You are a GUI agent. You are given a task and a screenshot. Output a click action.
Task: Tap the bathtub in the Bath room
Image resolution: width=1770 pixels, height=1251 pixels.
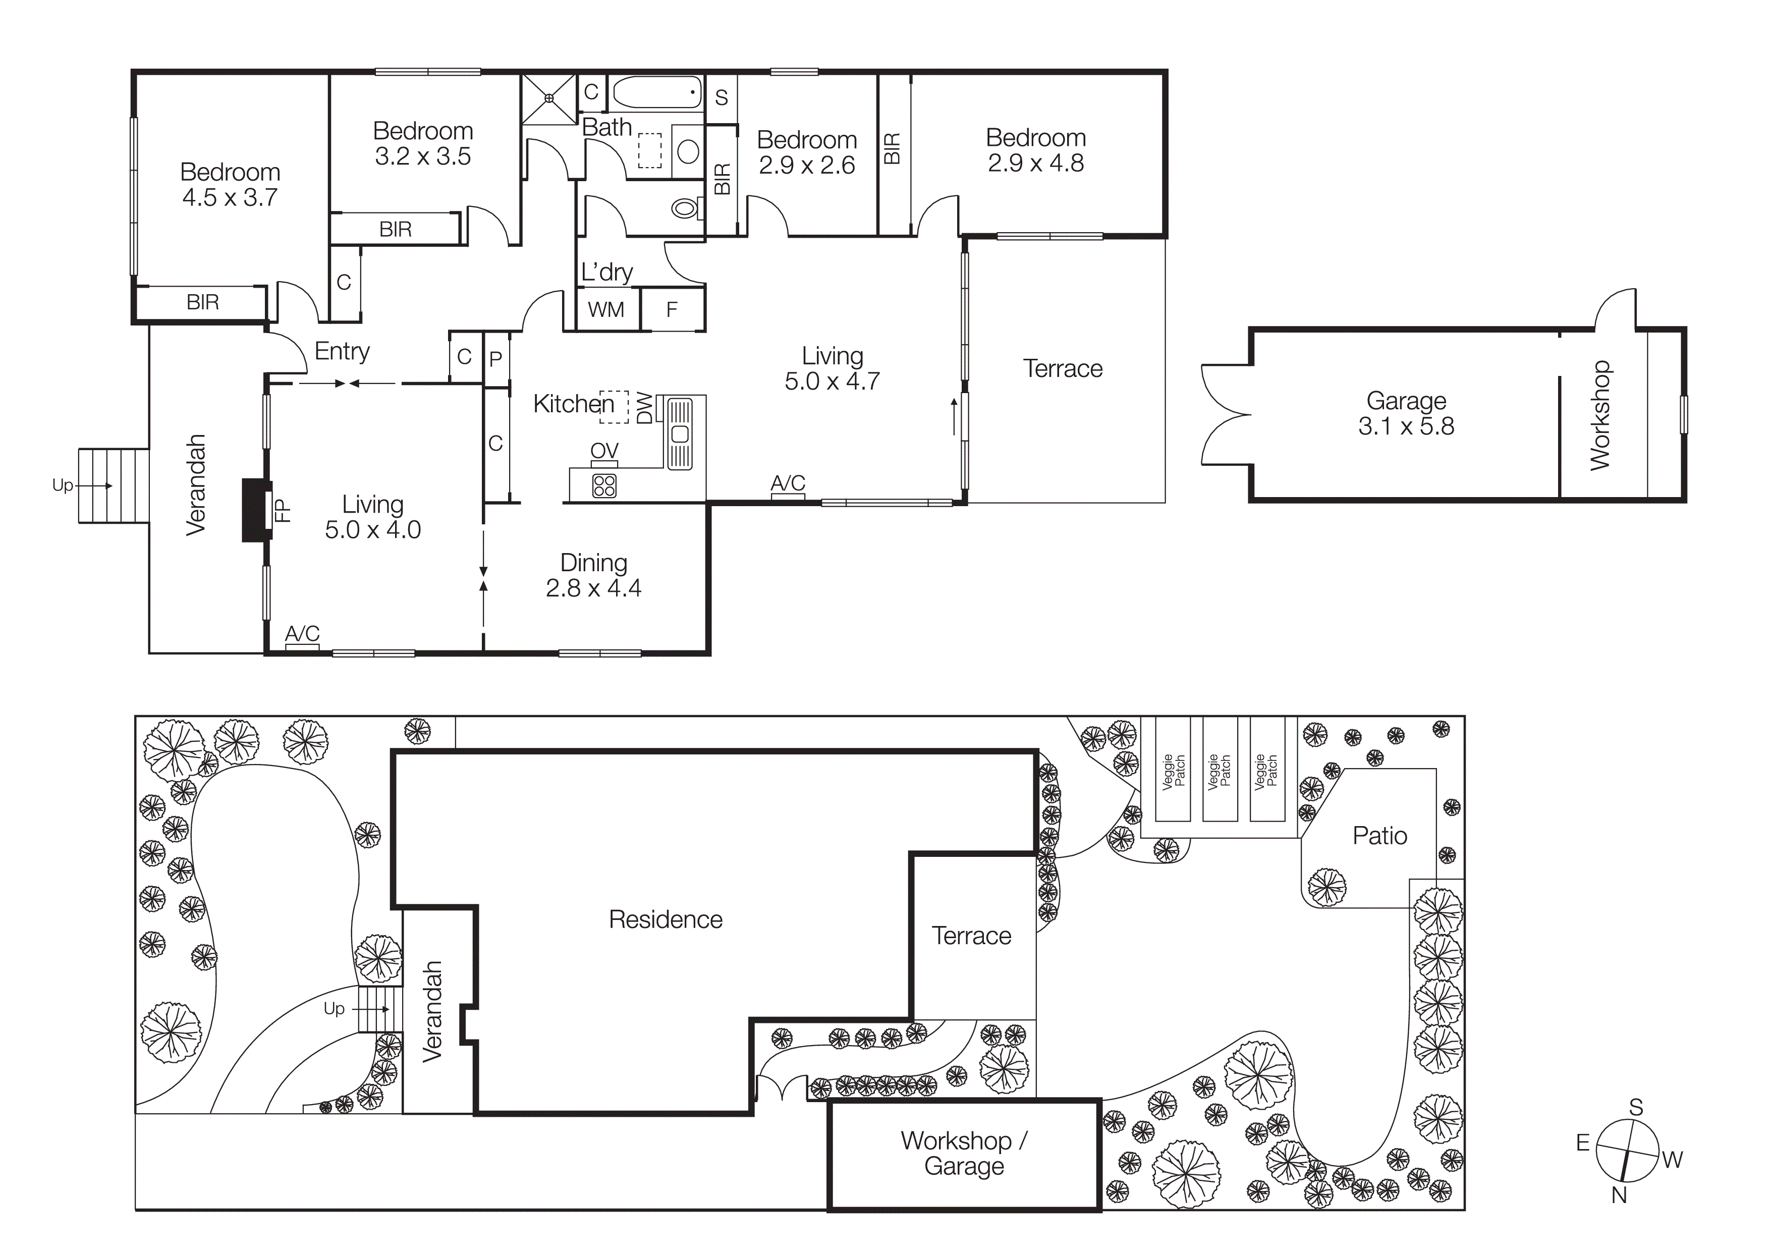pos(657,92)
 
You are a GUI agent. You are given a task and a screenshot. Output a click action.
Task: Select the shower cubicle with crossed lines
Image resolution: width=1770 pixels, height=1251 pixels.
pos(549,98)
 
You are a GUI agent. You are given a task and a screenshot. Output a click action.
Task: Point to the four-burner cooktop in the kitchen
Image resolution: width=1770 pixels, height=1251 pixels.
pos(604,485)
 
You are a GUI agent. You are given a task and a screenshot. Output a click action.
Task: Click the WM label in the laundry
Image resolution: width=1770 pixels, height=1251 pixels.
pos(606,310)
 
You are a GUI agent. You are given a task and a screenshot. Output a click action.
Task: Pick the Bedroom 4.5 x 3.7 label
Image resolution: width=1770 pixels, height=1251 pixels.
pos(230,185)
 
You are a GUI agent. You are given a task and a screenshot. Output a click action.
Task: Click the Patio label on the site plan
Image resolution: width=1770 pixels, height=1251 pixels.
pos(1379,836)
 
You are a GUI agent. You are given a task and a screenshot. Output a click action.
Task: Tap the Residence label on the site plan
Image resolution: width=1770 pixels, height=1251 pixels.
pos(666,919)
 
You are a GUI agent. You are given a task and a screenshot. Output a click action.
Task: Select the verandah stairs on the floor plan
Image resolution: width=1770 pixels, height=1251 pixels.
pos(114,485)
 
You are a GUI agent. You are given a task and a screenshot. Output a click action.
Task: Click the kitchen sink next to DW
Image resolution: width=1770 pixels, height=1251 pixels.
pos(679,433)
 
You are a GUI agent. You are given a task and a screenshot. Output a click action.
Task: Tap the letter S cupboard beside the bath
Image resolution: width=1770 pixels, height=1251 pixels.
pos(721,97)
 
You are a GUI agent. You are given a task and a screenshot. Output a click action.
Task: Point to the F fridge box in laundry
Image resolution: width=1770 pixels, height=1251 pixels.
pos(672,310)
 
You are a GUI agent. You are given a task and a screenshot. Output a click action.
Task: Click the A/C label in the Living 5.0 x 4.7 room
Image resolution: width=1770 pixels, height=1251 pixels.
pos(788,483)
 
